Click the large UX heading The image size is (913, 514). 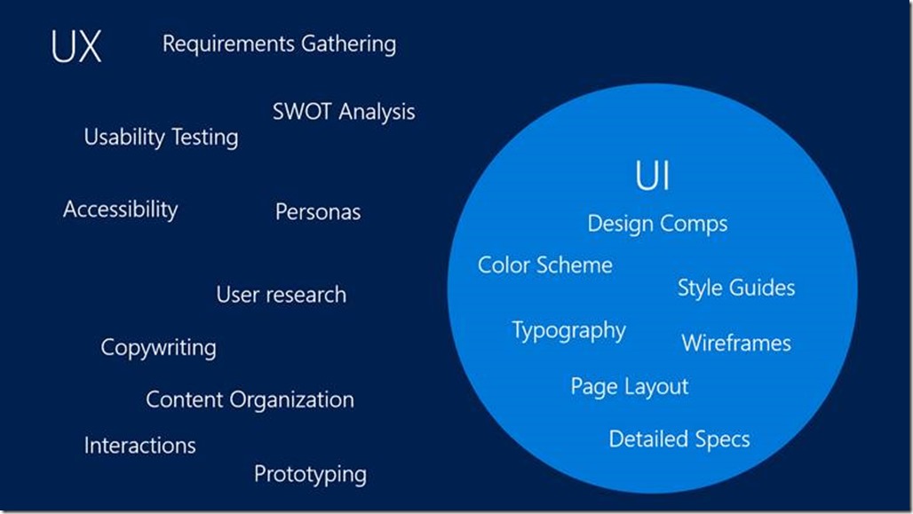pos(76,48)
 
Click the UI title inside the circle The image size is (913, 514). pos(653,177)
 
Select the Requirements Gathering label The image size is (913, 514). pos(279,43)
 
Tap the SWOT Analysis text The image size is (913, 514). pos(344,113)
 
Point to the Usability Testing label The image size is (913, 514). pos(161,138)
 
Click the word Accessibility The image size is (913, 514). pos(120,210)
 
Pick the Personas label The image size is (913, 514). pos(318,212)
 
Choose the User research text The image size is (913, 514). pos(281,295)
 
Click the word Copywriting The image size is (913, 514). pos(158,347)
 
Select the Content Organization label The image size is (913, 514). pos(250,399)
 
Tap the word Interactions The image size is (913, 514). pos(139,445)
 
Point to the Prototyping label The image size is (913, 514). pos(310,475)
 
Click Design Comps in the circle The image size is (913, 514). pos(657,224)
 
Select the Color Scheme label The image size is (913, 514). pos(544,265)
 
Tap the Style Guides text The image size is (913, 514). pos(736,288)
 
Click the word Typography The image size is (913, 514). pos(568,331)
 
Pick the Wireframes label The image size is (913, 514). pos(735,343)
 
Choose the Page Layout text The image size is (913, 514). pos(629,387)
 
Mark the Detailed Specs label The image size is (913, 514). pos(679,439)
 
